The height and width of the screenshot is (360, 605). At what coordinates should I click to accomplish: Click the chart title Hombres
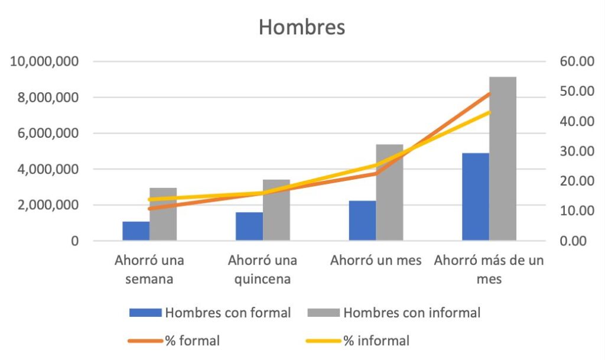302,28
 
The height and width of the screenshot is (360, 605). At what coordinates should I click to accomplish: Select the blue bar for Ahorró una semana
136,231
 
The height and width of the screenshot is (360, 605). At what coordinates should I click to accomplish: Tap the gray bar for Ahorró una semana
163,214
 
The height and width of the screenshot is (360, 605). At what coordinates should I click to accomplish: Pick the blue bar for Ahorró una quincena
249,226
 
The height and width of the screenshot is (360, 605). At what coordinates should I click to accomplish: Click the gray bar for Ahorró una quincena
276,210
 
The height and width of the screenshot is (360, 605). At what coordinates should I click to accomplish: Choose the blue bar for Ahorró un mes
362,220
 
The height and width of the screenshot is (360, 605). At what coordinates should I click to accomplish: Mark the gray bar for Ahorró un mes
389,192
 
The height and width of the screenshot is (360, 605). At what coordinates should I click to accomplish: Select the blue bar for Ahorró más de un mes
476,197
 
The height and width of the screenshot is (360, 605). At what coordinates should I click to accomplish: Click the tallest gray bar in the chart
503,158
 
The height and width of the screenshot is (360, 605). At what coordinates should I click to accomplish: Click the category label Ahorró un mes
376,261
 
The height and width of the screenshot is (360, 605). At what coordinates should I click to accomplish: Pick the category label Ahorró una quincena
262,270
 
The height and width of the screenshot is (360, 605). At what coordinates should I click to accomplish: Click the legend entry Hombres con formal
228,313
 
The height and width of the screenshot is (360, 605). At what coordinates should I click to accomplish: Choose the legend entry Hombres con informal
412,313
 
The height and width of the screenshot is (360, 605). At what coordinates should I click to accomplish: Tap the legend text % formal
193,340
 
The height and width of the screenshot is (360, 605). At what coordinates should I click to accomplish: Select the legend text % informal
376,340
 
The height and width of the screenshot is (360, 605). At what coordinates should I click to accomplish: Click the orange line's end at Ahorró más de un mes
489,93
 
